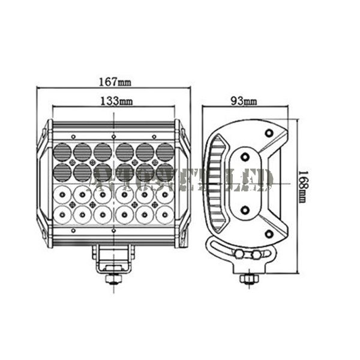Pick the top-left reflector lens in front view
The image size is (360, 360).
click(62, 151)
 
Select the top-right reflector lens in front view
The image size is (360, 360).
click(164, 151)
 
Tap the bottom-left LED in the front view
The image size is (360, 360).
click(62, 213)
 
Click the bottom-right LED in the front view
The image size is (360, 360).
click(164, 213)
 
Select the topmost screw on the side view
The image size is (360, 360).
click(269, 131)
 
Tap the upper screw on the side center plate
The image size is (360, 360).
click(245, 157)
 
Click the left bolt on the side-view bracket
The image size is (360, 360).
click(239, 254)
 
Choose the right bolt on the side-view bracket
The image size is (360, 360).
click(257, 254)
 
